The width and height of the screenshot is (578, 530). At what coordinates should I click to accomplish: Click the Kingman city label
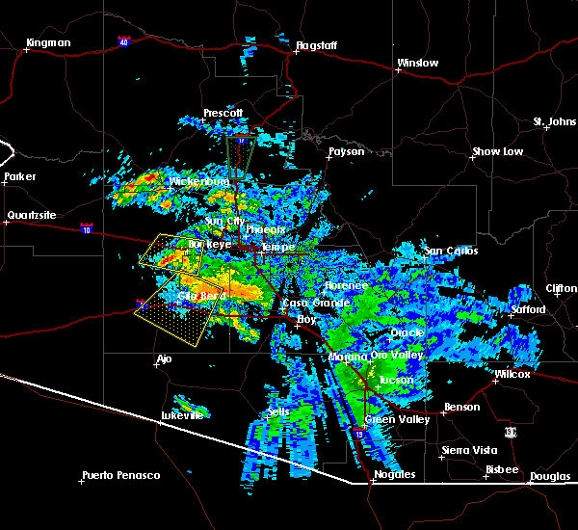point(49,43)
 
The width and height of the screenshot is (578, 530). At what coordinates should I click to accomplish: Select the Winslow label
point(417,64)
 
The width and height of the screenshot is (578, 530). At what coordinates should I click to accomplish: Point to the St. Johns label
point(554,121)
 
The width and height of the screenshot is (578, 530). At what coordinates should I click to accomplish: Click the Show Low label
point(497,152)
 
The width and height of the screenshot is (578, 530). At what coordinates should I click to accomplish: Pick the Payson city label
point(346,152)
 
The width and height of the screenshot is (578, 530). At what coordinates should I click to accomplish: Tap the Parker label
point(19,177)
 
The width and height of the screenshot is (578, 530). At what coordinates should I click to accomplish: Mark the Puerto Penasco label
point(120,475)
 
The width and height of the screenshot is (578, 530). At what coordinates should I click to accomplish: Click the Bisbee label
point(501,470)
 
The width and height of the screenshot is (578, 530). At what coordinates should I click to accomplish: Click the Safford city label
point(528,310)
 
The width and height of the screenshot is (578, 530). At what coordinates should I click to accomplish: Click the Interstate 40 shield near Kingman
point(124,42)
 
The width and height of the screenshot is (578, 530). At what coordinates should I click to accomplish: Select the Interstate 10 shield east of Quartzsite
point(87,230)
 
